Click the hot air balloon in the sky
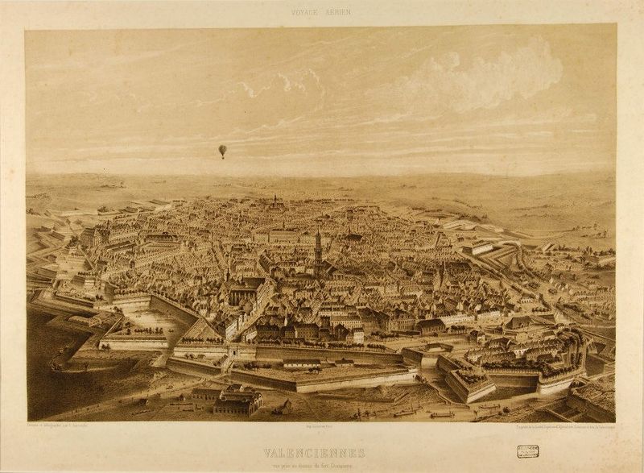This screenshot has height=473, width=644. (x=222, y=149)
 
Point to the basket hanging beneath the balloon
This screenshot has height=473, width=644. (x=222, y=156)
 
